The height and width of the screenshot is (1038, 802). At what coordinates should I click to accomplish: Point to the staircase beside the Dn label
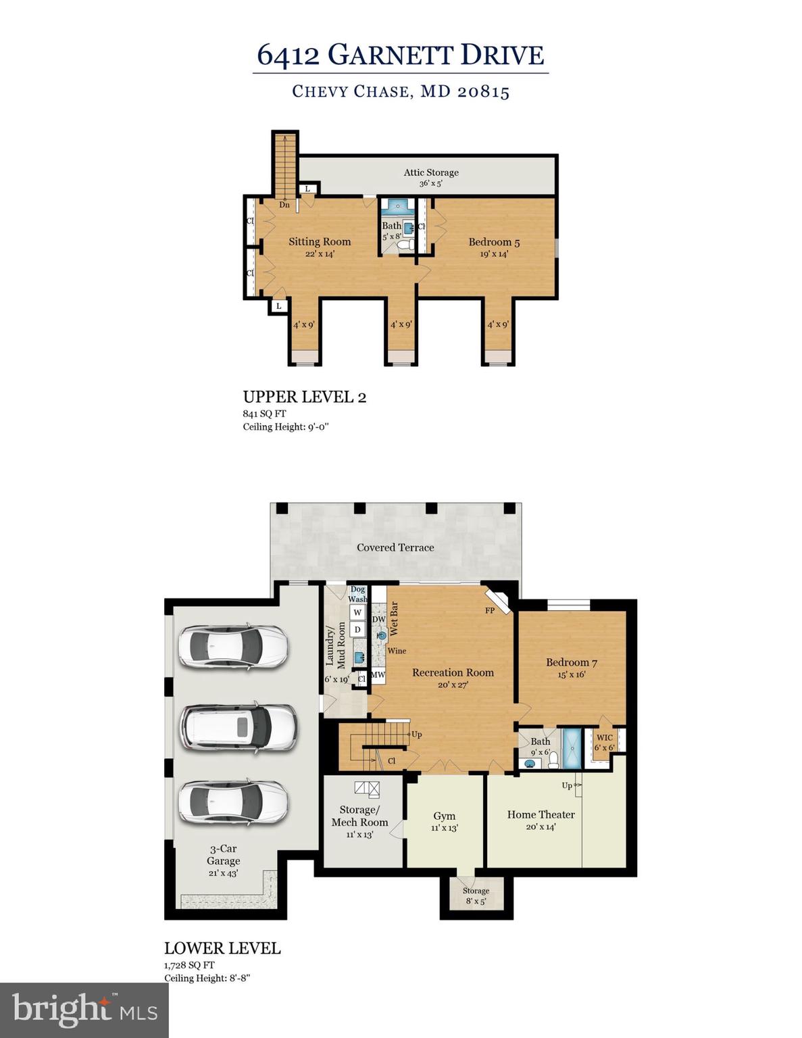coord(285,162)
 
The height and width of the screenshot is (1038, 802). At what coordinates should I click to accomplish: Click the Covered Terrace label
coord(395,547)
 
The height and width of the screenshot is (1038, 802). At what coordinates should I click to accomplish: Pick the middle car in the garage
coord(238,727)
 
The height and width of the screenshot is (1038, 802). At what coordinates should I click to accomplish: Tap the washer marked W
coord(357,612)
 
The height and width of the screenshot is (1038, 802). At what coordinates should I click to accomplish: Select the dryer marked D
coord(357,630)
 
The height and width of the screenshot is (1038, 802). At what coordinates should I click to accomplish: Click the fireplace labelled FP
coord(498,601)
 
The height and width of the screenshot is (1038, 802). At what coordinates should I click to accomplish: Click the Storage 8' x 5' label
coord(475,895)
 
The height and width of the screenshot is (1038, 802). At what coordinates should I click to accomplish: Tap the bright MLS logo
coord(84,1010)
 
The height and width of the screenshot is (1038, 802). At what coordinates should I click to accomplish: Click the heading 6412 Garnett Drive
coord(400,55)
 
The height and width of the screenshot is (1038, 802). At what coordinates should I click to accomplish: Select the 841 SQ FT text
coord(264,414)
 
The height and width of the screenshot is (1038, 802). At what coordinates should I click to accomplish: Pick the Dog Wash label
coord(357,594)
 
